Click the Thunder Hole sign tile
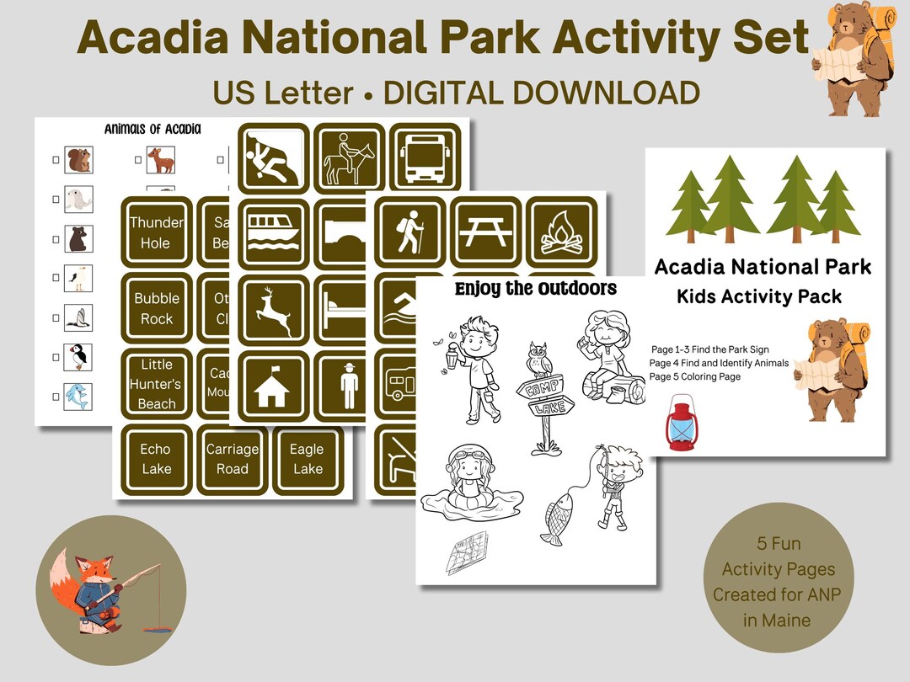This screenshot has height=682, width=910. [156, 233]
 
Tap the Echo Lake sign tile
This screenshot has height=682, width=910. [156, 460]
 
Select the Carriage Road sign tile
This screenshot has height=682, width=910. [233, 460]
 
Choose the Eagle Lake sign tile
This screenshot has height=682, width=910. [307, 460]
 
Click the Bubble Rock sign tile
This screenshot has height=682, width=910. [156, 308]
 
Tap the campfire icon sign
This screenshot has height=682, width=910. [560, 232]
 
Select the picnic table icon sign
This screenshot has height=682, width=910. [484, 232]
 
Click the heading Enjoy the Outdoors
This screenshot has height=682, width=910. [536, 290]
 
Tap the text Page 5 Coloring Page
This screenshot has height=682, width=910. [695, 377]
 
